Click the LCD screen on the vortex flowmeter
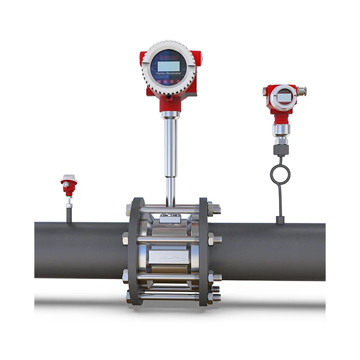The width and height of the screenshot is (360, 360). [169, 63]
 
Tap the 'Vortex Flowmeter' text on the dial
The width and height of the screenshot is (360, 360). [169, 74]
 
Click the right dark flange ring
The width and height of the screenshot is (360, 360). [204, 250]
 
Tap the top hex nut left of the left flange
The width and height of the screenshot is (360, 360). [127, 209]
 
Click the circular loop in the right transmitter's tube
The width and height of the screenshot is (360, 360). [280, 174]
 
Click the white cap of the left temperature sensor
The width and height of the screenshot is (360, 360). [67, 178]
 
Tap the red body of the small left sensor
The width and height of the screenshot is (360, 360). [68, 188]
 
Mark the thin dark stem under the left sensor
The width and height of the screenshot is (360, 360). [69, 214]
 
